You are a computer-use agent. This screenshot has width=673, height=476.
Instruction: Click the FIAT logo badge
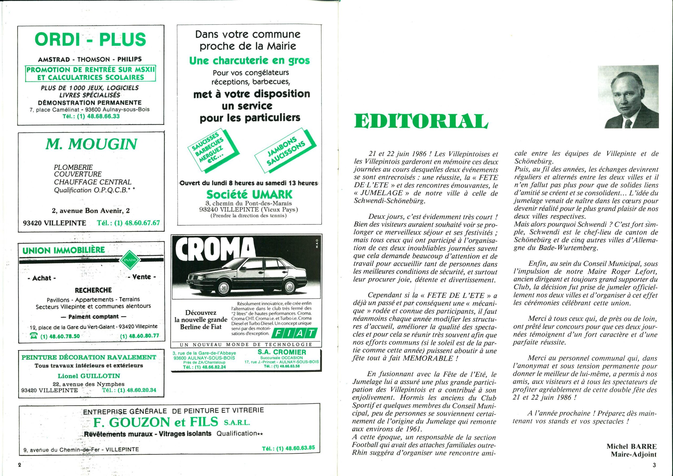294,333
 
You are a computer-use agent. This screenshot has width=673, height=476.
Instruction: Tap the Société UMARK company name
249,194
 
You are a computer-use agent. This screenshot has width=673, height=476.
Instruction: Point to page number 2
20,465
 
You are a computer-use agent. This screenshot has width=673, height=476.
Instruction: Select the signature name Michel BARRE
631,446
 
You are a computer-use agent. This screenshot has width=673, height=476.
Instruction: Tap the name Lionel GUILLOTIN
89,376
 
